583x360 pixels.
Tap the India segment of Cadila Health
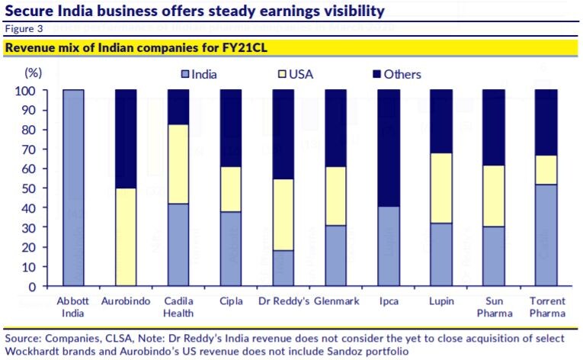(x=178, y=245)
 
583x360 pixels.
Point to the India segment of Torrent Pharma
(x=546, y=235)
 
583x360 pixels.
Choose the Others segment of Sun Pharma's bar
(x=494, y=127)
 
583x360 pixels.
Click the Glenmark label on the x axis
(x=335, y=301)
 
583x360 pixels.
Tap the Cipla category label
(x=231, y=301)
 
